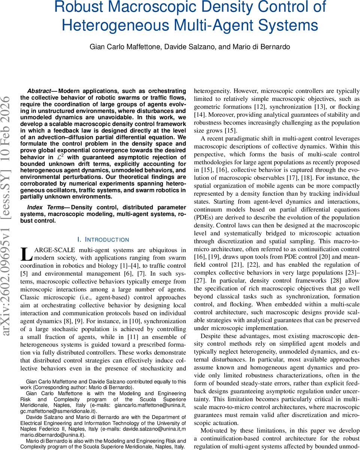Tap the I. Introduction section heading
pos(102,240)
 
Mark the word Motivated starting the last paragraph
pos(217,430)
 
